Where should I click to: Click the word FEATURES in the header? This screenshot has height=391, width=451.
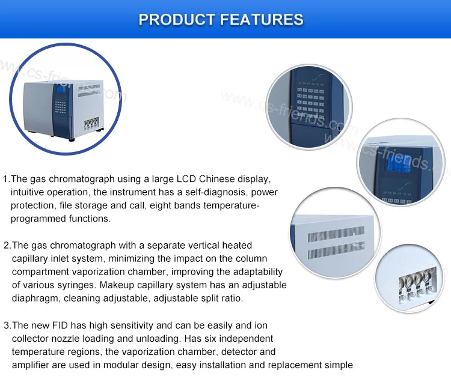coord(262,19)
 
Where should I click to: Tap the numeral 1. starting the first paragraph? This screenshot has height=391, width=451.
coord(7,179)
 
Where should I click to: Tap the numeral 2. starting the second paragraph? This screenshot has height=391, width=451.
coord(7,245)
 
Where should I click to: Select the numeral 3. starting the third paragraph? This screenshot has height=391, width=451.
coord(7,325)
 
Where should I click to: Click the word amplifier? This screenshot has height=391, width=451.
coord(34,365)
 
